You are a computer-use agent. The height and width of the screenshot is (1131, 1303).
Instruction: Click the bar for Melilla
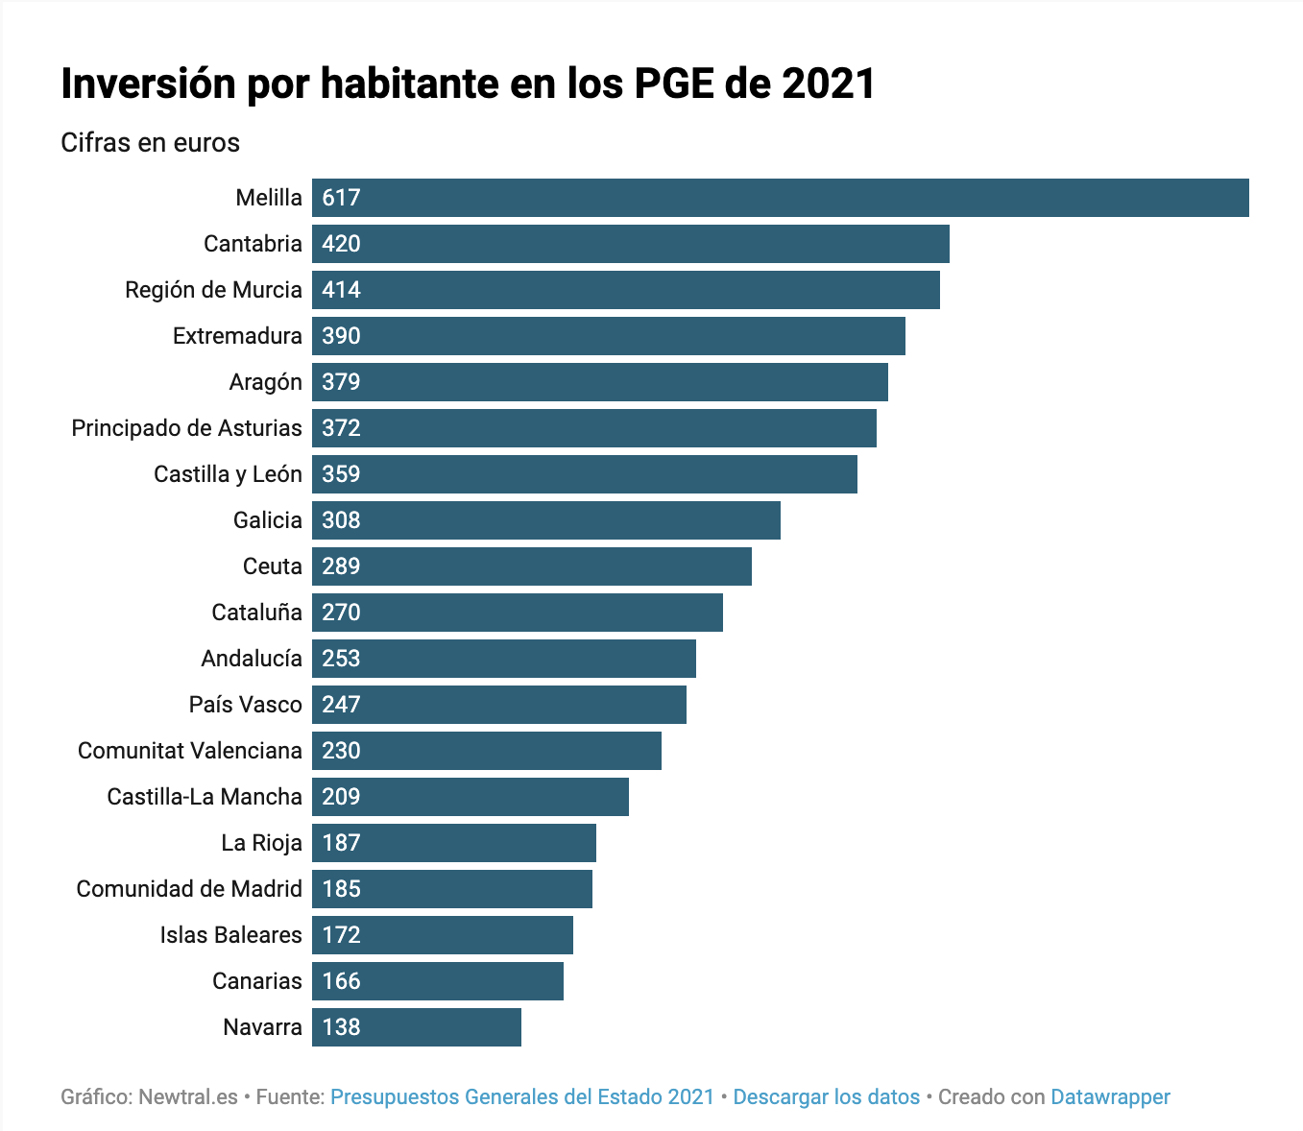click(x=780, y=198)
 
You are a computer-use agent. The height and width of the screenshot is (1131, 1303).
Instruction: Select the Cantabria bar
click(x=630, y=244)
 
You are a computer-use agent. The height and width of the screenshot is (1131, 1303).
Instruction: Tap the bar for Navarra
click(x=416, y=1027)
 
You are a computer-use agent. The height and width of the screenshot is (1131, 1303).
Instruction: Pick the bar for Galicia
click(x=545, y=520)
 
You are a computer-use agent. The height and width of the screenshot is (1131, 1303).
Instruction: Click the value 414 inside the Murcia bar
click(x=341, y=290)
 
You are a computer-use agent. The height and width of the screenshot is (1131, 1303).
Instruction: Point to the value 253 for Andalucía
click(x=341, y=659)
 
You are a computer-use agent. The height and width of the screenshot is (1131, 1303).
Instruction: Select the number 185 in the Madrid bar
click(x=341, y=889)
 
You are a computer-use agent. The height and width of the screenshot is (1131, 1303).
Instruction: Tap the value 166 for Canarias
click(x=341, y=981)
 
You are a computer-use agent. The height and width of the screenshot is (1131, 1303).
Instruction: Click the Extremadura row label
click(x=237, y=336)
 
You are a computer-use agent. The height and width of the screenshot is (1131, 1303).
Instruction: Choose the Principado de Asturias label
click(x=186, y=428)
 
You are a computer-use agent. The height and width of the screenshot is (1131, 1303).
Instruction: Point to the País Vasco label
click(x=245, y=705)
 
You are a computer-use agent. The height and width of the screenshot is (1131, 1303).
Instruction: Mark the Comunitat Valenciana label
click(x=189, y=751)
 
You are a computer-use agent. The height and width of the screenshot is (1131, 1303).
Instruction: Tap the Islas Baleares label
click(x=230, y=935)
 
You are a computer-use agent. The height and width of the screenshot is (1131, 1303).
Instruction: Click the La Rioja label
click(x=261, y=843)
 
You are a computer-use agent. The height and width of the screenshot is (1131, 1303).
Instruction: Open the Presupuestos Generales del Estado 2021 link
click(x=522, y=1096)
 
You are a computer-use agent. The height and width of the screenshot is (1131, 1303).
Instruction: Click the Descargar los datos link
click(x=826, y=1096)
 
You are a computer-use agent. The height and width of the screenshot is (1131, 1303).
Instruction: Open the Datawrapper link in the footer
click(x=1110, y=1096)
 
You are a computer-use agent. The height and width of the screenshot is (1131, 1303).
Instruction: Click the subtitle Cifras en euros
click(x=150, y=143)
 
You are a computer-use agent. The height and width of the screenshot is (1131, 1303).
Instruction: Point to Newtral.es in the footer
click(x=188, y=1096)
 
